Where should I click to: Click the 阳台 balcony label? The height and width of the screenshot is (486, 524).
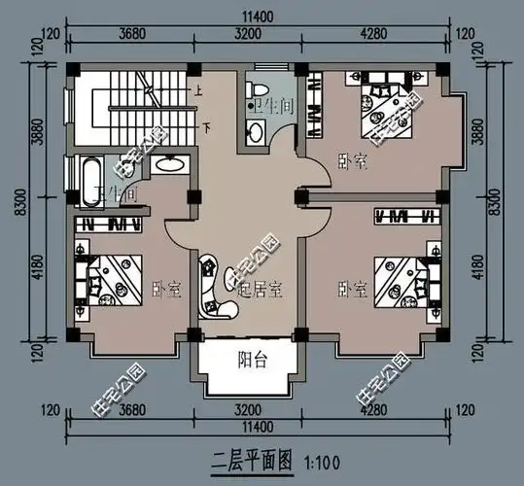pos(253,360)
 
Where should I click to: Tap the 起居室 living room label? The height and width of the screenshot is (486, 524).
pos(262,288)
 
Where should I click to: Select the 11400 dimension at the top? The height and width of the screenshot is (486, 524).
pos(259,17)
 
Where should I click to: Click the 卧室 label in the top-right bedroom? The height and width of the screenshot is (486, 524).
pos(353,160)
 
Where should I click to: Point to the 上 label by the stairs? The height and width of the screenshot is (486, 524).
pos(198,91)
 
